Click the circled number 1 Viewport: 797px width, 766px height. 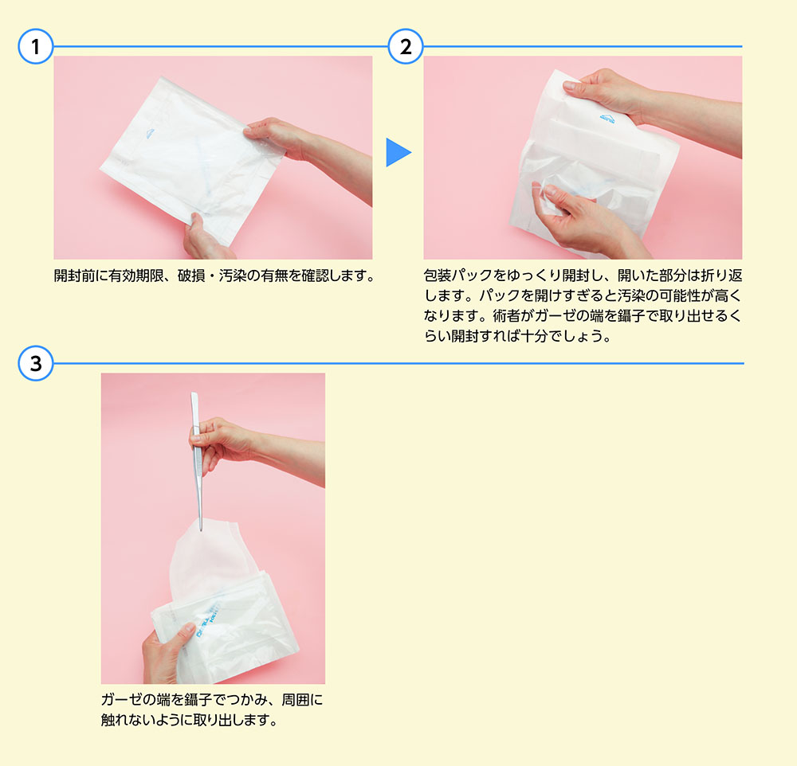(x=36, y=47)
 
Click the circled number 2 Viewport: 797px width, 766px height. (x=406, y=47)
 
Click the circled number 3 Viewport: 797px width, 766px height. (x=36, y=363)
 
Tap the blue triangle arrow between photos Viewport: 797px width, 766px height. (x=398, y=152)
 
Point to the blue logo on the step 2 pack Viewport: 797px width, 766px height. (x=607, y=119)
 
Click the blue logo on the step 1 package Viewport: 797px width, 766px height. (x=150, y=134)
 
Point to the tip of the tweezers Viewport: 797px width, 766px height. (x=200, y=531)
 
